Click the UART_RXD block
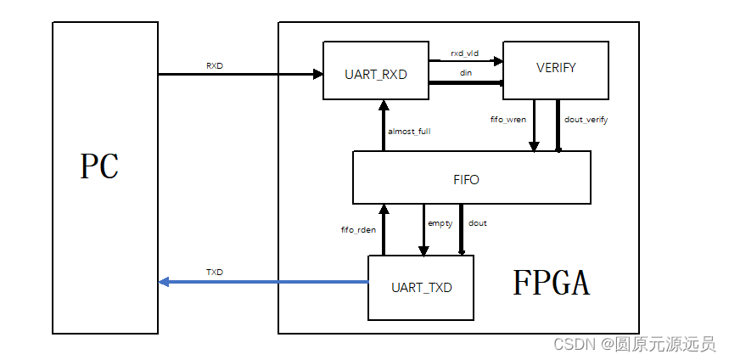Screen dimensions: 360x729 click(x=376, y=74)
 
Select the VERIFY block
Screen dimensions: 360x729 click(x=556, y=68)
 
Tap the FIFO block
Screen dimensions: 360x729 click(x=471, y=179)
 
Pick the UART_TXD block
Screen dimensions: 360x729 click(x=421, y=287)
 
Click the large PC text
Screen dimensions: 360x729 click(x=99, y=167)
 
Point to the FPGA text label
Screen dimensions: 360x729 click(x=552, y=283)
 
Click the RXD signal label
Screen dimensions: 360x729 click(x=215, y=65)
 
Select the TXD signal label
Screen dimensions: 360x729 click(x=215, y=273)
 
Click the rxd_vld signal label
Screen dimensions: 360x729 click(x=464, y=53)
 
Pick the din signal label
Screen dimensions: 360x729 click(x=466, y=73)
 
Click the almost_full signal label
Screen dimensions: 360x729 click(x=409, y=132)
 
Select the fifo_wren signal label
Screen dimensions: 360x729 click(x=508, y=120)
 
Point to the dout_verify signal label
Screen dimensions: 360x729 click(x=586, y=120)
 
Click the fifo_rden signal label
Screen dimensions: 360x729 click(x=357, y=230)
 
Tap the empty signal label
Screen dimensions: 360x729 click(x=440, y=223)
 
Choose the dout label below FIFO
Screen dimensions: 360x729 click(x=477, y=223)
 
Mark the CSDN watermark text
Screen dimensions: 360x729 click(x=633, y=344)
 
